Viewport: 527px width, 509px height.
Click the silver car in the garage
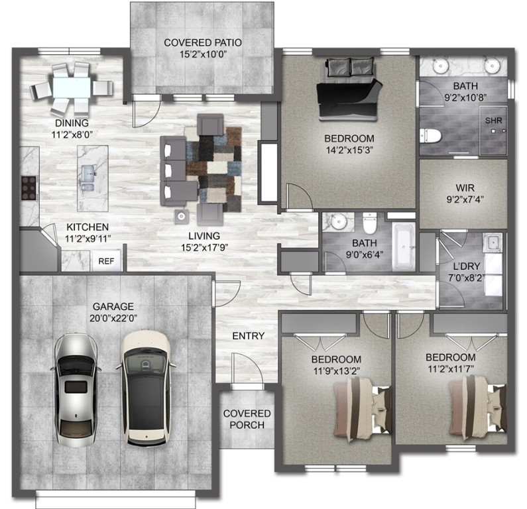tap(78, 388)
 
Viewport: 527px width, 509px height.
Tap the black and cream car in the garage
tap(145, 386)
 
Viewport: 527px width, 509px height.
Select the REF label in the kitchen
tap(106, 261)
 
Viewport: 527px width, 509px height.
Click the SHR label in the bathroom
tap(493, 121)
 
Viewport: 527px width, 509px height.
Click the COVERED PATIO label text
tap(202, 44)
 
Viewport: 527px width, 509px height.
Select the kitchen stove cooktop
tap(29, 187)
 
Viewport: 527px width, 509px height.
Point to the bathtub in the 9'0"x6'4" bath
tap(402, 249)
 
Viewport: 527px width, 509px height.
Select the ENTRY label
tap(248, 336)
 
